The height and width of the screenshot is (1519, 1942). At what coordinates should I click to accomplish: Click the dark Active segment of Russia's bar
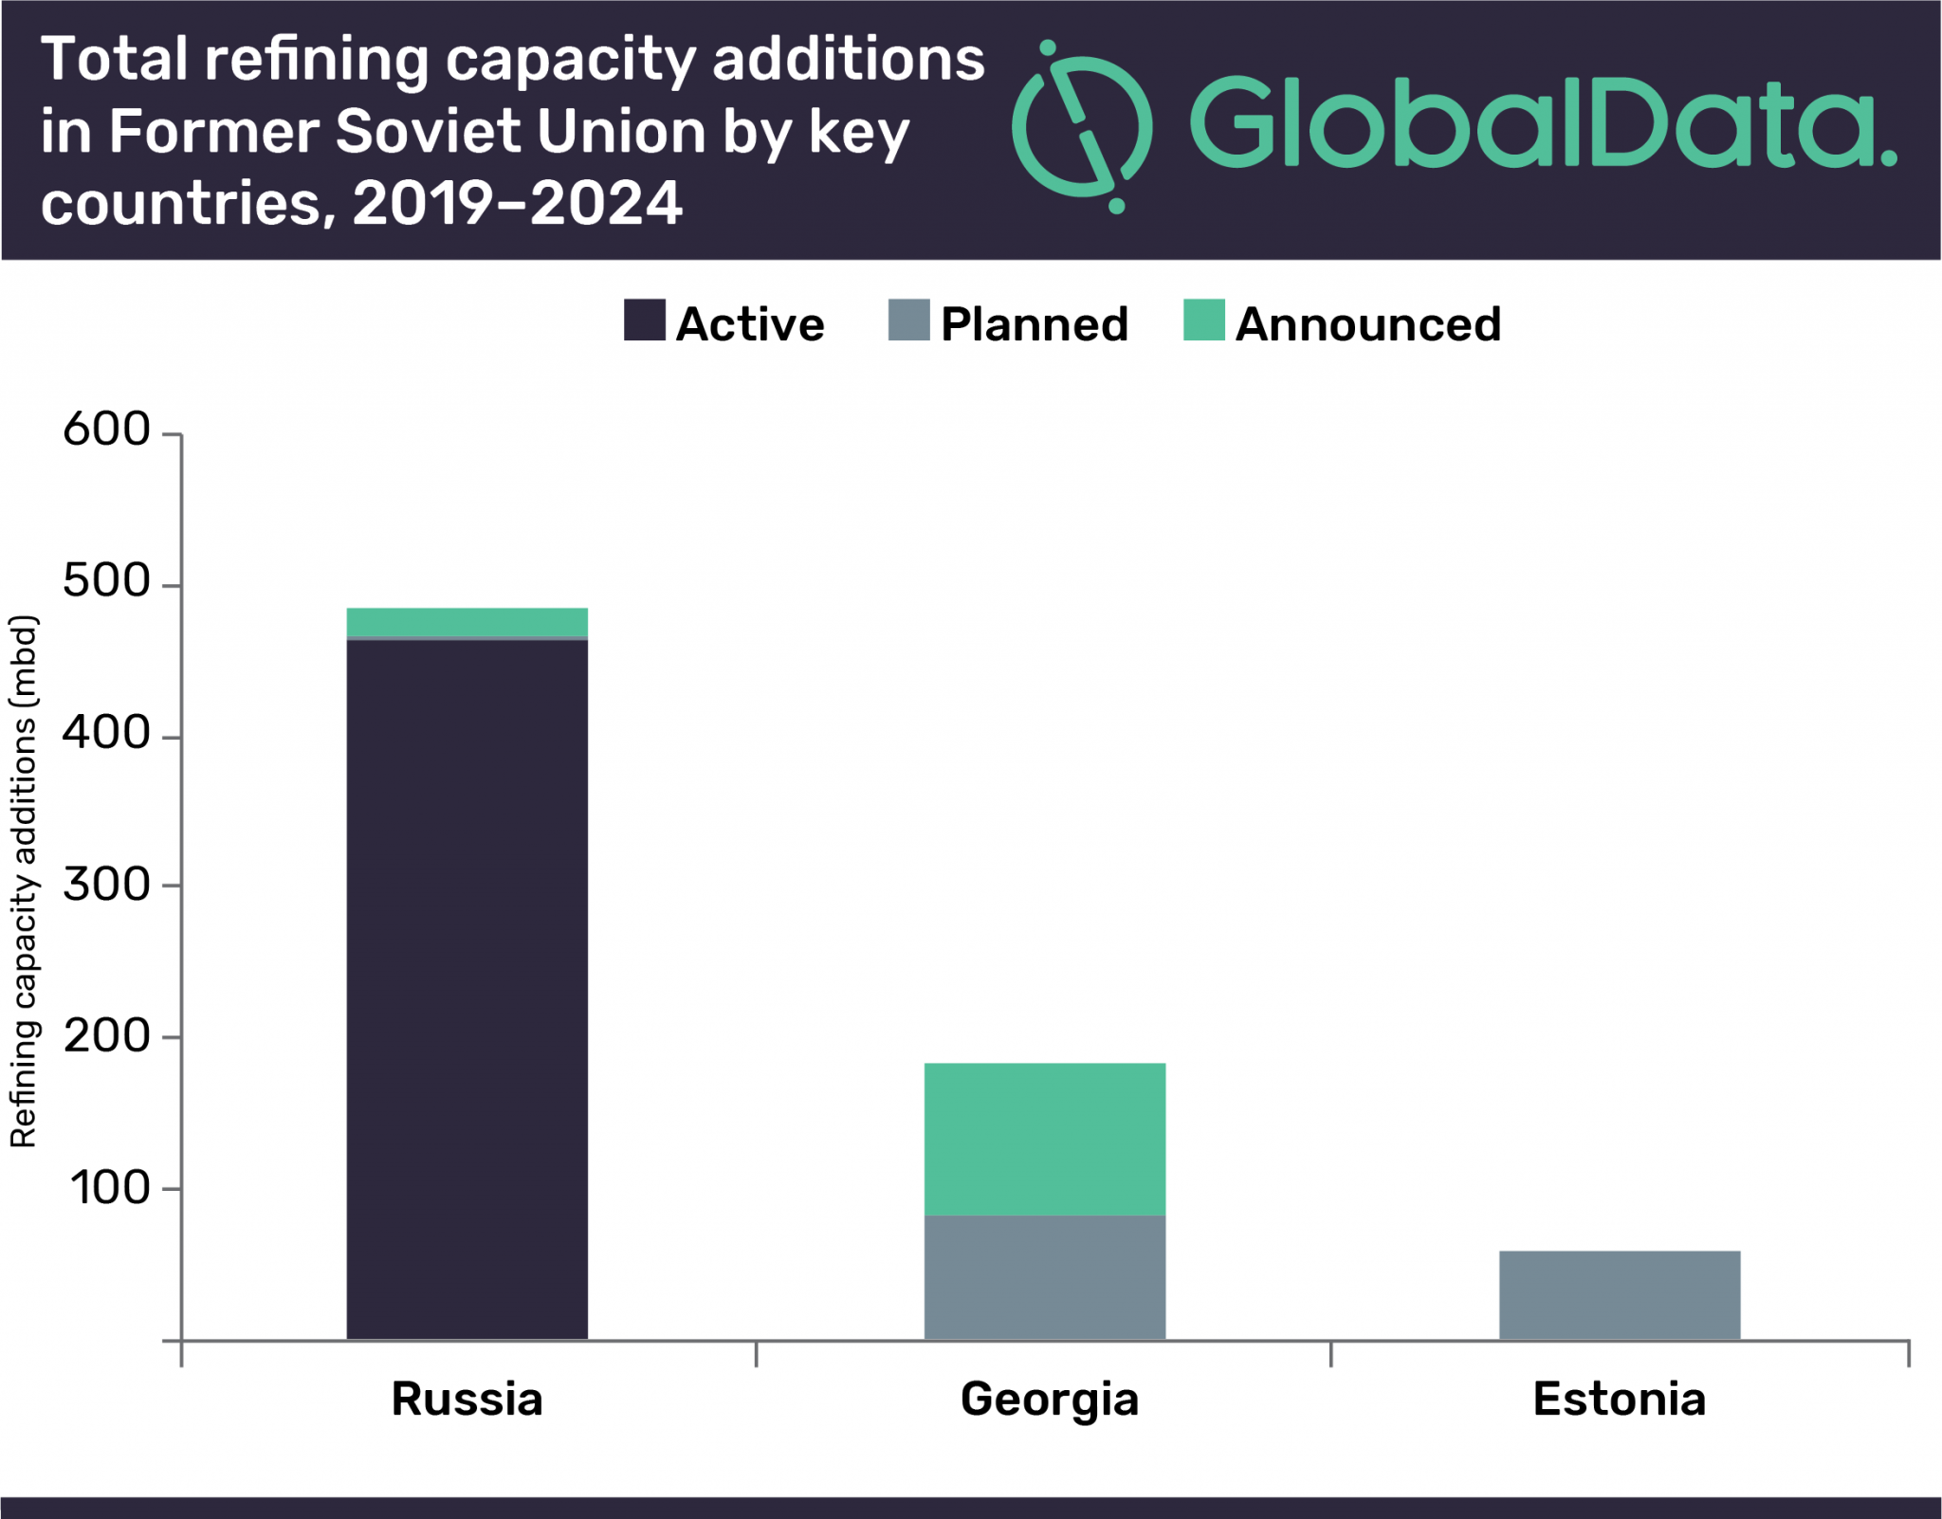(x=467, y=986)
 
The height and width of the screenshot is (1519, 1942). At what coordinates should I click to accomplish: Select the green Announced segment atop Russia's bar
(x=467, y=621)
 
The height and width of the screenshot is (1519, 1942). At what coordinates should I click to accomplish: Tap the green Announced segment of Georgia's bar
(x=1044, y=1138)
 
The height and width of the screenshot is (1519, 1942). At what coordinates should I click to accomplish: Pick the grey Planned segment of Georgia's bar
(x=1044, y=1276)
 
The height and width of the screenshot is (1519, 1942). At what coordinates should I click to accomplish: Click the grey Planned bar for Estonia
(x=1619, y=1294)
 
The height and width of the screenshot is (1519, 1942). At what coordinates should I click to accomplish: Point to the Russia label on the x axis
(x=467, y=1399)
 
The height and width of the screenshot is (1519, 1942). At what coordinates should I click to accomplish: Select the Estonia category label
(x=1619, y=1399)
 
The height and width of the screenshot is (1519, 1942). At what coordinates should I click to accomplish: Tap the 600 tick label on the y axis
(x=106, y=430)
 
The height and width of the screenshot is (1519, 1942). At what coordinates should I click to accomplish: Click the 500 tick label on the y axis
(x=106, y=580)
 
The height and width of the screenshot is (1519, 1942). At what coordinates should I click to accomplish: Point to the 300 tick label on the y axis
(x=106, y=884)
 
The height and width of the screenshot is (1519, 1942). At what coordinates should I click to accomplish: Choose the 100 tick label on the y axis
(x=110, y=1187)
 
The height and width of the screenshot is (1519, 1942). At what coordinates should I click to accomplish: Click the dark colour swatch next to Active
(x=644, y=320)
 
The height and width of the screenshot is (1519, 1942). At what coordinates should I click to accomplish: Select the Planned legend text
(x=1034, y=324)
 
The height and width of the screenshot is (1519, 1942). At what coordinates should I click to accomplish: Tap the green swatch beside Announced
(x=1203, y=320)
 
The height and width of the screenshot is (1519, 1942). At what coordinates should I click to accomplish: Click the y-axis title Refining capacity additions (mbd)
(x=23, y=882)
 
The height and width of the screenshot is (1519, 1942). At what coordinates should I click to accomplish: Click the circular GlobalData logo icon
(x=1082, y=128)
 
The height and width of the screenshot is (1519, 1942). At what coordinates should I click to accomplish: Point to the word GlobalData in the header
(x=1541, y=123)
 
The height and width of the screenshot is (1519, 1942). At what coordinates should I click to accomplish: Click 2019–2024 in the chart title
(x=517, y=203)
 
